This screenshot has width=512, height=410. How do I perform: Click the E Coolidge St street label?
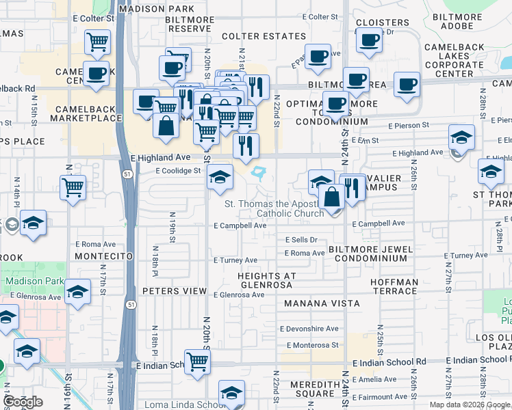[178, 171]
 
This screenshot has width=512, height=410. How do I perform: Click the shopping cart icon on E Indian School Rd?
[197, 362]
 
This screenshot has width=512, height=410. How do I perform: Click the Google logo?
[23, 402]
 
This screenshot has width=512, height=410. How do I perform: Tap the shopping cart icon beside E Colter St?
[97, 42]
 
